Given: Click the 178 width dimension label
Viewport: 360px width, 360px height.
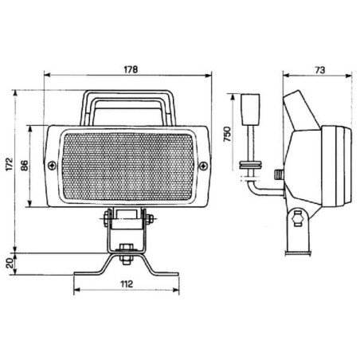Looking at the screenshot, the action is (131, 69).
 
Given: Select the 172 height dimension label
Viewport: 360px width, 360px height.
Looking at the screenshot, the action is (10, 165).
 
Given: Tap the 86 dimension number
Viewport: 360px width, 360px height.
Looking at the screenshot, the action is (24, 166).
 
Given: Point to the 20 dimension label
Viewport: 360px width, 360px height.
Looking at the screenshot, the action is (10, 263).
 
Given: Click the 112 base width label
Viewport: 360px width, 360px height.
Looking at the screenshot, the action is (127, 284).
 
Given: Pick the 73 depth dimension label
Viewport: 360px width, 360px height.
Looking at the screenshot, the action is (319, 70).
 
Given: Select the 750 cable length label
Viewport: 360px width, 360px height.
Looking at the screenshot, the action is (227, 135).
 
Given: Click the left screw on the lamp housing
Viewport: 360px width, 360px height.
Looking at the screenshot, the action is (53, 166).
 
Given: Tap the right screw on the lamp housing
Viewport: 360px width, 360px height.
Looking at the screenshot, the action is (203, 166).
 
